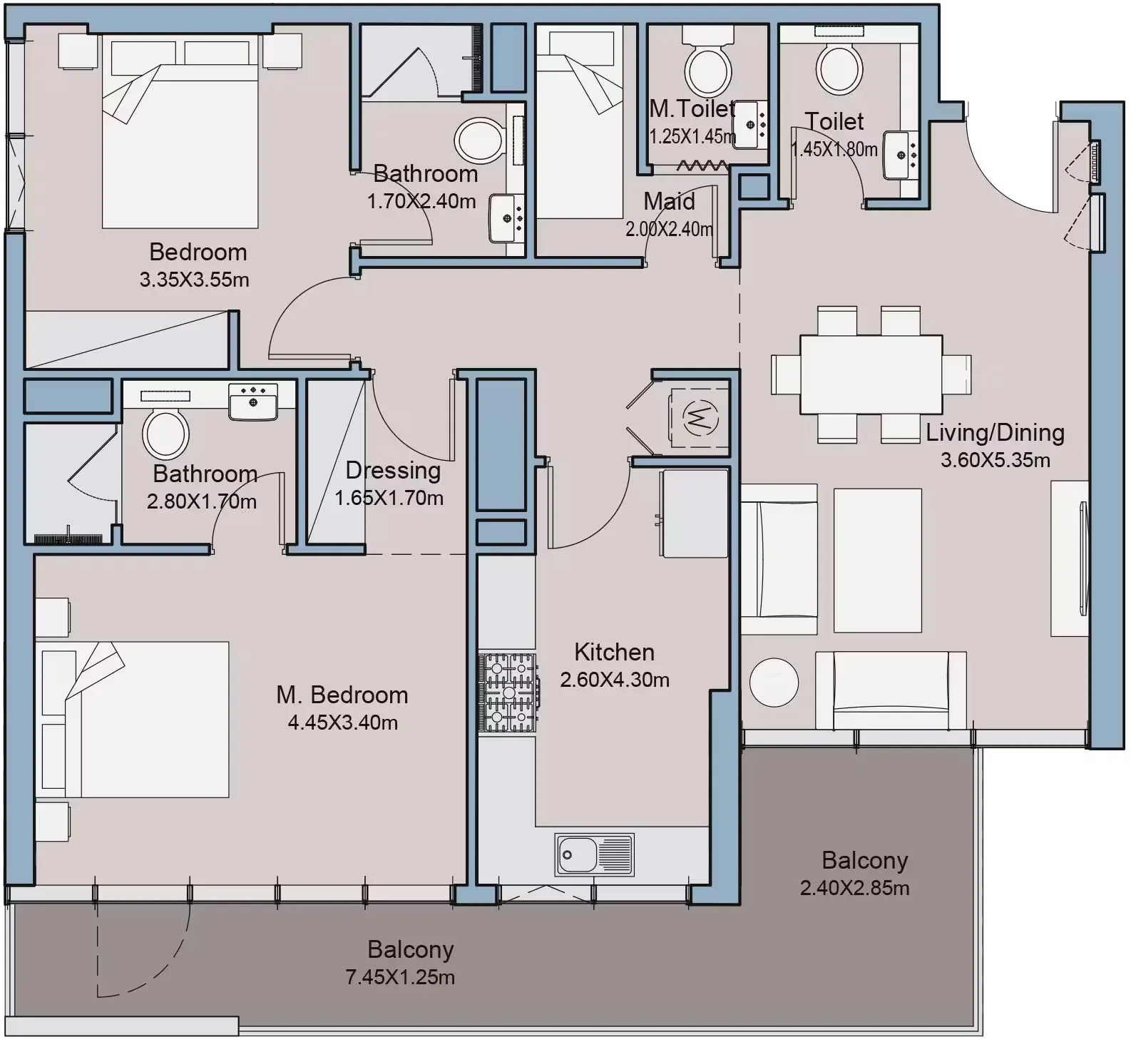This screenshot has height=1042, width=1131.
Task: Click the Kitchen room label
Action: coord(614,652)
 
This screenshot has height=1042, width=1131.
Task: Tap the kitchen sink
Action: coord(595,854)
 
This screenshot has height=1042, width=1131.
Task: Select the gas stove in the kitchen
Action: coord(508,693)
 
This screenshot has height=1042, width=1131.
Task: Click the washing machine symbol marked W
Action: coord(700,417)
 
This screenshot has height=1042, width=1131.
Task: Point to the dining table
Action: coord(871,374)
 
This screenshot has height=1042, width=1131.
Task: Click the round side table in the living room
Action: coord(774,682)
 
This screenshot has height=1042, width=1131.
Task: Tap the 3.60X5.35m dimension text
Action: coord(995,460)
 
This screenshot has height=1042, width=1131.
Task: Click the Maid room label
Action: coord(669,201)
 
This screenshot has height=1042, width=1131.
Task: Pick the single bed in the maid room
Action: coord(580,122)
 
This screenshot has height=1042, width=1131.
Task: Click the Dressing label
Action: coord(393,471)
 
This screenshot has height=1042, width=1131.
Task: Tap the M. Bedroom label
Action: coord(342,695)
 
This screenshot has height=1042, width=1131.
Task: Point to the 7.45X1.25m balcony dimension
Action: coord(400,977)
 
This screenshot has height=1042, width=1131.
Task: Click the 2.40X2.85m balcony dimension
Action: coord(854,888)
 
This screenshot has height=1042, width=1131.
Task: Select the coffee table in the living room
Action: coord(877,561)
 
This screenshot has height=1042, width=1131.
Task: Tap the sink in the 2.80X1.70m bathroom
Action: coord(252,402)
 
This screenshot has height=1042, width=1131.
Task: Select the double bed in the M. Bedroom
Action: coord(133,719)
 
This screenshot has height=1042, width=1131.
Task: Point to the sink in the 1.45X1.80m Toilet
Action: coord(900,154)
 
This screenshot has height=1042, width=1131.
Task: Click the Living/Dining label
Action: coord(995,433)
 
